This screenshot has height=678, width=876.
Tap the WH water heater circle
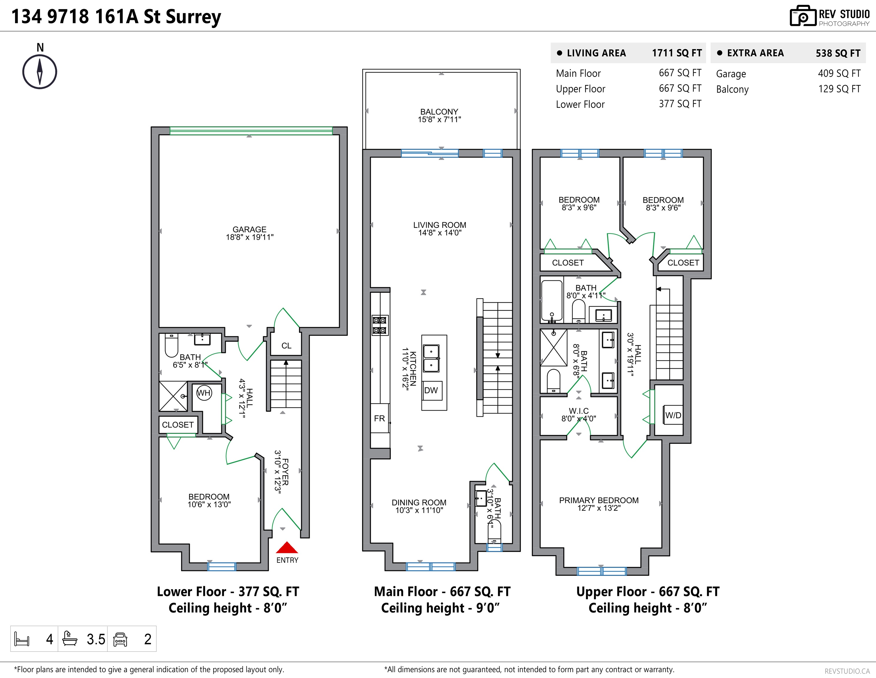(204, 393)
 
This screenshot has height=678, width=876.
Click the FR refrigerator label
(379, 418)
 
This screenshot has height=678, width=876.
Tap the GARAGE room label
(250, 229)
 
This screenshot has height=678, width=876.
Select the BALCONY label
(439, 112)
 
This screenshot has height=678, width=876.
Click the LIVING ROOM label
(439, 225)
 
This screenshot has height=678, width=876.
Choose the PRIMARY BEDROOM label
(599, 500)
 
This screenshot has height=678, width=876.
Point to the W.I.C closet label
(579, 411)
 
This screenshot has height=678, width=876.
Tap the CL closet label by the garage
(286, 345)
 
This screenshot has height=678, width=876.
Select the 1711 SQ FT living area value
(677, 53)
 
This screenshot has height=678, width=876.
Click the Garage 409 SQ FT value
(839, 73)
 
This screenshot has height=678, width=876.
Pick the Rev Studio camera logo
(803, 16)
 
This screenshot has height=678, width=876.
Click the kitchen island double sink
(432, 358)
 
